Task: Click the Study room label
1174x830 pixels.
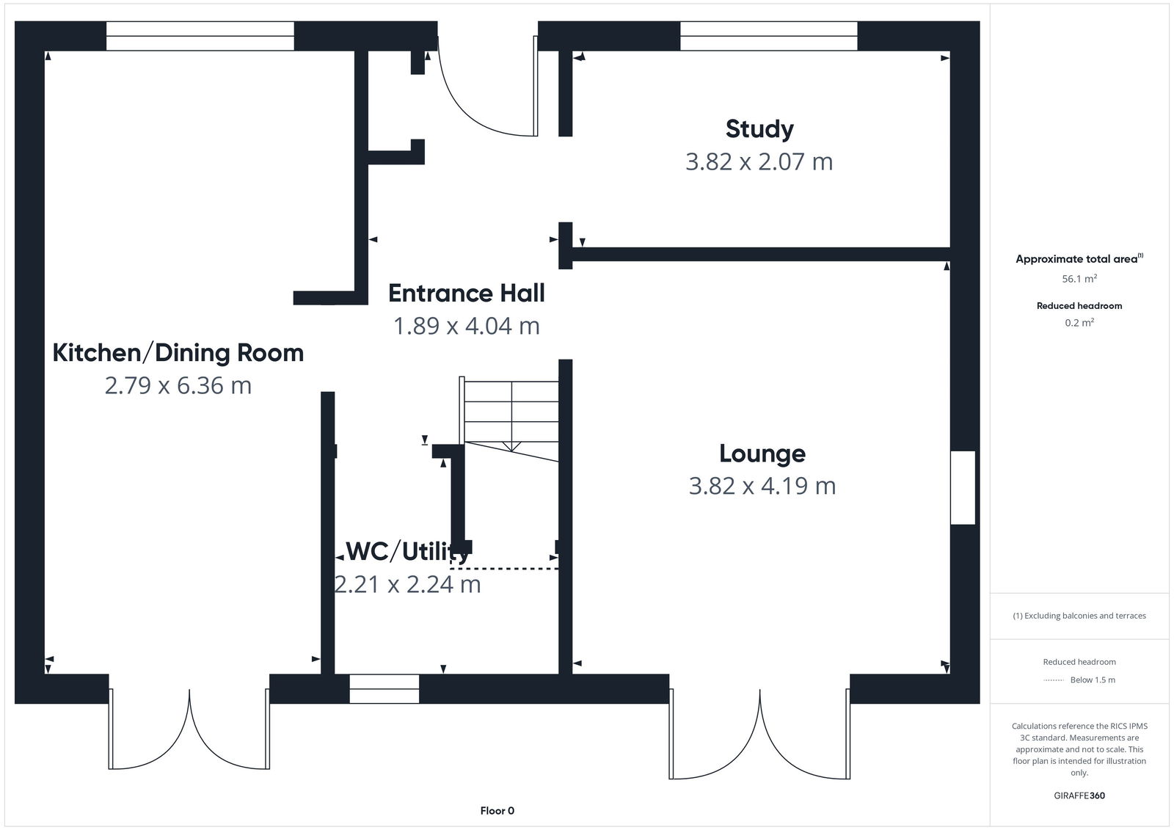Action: [x=759, y=129]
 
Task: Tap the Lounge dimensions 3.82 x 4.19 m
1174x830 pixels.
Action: [x=762, y=486]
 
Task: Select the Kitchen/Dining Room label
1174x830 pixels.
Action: [x=178, y=353]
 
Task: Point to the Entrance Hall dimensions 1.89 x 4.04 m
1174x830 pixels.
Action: [x=466, y=326]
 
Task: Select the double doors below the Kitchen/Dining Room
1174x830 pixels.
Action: [x=189, y=730]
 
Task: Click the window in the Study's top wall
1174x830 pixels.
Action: [x=768, y=36]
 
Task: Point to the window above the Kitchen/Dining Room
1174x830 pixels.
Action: [x=200, y=36]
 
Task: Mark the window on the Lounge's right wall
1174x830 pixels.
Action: [x=963, y=488]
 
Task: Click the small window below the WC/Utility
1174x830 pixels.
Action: [x=384, y=689]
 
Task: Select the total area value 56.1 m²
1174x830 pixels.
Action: [x=1079, y=279]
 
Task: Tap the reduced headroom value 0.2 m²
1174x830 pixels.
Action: [x=1079, y=322]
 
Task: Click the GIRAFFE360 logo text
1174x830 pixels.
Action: [x=1079, y=796]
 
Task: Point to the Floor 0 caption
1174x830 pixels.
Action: [x=497, y=811]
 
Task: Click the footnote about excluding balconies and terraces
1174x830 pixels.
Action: [x=1079, y=616]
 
